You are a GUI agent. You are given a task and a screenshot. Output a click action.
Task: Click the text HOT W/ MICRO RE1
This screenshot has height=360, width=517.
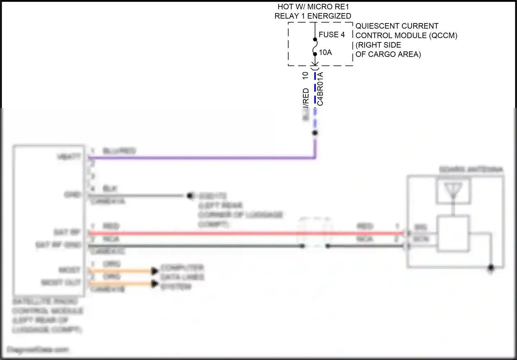(313, 7)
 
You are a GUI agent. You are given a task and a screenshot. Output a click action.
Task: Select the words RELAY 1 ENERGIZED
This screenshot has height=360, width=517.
(313, 16)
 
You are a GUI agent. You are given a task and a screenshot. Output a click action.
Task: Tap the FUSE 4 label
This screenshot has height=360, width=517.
(332, 34)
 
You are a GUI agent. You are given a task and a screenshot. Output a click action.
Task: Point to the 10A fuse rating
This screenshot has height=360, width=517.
(325, 52)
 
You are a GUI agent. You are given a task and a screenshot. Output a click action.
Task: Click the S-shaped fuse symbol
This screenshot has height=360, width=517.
(315, 47)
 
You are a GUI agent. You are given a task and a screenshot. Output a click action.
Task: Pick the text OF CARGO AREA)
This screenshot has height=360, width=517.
(388, 54)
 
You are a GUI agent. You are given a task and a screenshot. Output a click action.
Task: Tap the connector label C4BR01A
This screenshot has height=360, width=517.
(320, 89)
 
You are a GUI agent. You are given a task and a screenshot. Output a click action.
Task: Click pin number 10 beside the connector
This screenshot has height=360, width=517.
(305, 76)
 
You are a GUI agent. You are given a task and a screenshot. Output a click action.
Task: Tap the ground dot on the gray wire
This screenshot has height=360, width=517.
(189, 196)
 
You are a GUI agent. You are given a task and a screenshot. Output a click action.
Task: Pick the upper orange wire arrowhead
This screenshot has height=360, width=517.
(155, 271)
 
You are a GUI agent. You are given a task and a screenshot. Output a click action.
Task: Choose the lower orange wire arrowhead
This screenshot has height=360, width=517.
(155, 284)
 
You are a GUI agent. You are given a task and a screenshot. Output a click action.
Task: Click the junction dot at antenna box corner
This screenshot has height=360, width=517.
(491, 268)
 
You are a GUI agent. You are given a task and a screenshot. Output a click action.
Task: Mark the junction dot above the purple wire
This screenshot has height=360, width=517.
(315, 133)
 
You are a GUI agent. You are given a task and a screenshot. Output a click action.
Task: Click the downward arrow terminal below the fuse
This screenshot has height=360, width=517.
(315, 63)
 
